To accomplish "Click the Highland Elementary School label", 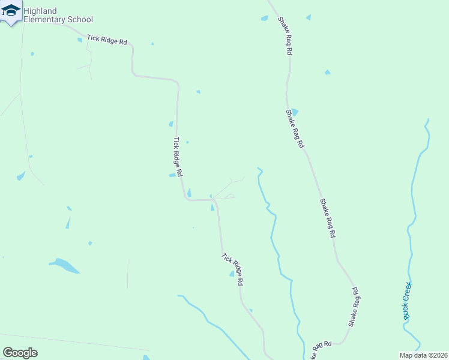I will pyautogui.click(x=58, y=15).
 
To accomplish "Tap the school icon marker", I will pyautogui.click(x=10, y=11).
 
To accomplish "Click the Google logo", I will pyautogui.click(x=20, y=353).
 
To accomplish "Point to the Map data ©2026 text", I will pyautogui.click(x=423, y=355).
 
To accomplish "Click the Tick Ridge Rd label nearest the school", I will pyautogui.click(x=107, y=40).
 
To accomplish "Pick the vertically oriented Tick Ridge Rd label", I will pyautogui.click(x=178, y=157).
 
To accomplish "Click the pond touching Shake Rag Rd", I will pyautogui.click(x=294, y=112).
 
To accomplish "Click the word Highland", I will pyautogui.click(x=40, y=11).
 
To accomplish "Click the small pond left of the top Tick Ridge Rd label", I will pyautogui.click(x=80, y=40).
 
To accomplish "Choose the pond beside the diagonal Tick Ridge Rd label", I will pyautogui.click(x=232, y=274).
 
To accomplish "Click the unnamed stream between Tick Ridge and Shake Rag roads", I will pyautogui.click(x=274, y=228).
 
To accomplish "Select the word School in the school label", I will pyautogui.click(x=81, y=19).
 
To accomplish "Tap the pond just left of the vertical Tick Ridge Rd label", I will pyautogui.click(x=172, y=175).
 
